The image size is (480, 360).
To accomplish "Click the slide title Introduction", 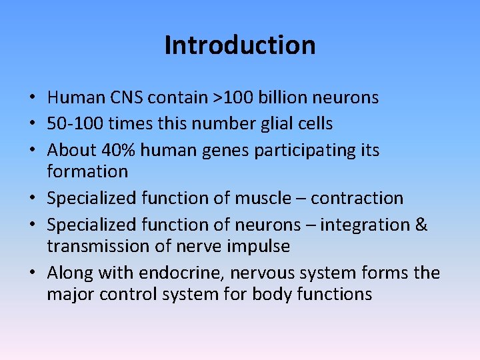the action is tap(240, 45).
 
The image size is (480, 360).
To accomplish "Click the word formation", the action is tap(87, 171).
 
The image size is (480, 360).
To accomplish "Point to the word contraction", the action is tap(357, 198).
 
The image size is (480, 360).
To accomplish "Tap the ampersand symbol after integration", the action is tap(421, 225).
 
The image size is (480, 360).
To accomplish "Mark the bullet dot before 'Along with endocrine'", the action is tap(33, 273).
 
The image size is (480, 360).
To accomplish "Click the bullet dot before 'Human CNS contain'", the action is tap(33, 99).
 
